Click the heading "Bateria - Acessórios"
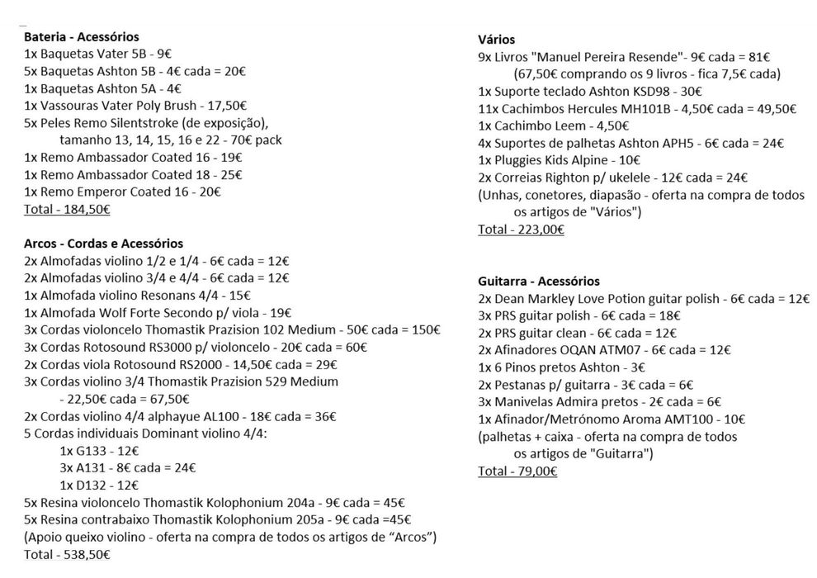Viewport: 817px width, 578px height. pyautogui.click(x=82, y=37)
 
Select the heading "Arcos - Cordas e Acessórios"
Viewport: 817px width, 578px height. pyautogui.click(x=104, y=244)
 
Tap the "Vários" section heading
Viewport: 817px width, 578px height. pyautogui.click(x=497, y=39)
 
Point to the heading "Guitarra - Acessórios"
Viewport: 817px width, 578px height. pyautogui.click(x=539, y=282)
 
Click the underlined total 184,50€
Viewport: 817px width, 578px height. pyautogui.click(x=68, y=209)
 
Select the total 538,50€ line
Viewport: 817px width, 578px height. pyautogui.click(x=67, y=555)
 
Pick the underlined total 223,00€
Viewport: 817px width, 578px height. pyautogui.click(x=521, y=230)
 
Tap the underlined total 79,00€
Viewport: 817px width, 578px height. pyautogui.click(x=517, y=471)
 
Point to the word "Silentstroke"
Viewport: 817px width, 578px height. pyautogui.click(x=147, y=123)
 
